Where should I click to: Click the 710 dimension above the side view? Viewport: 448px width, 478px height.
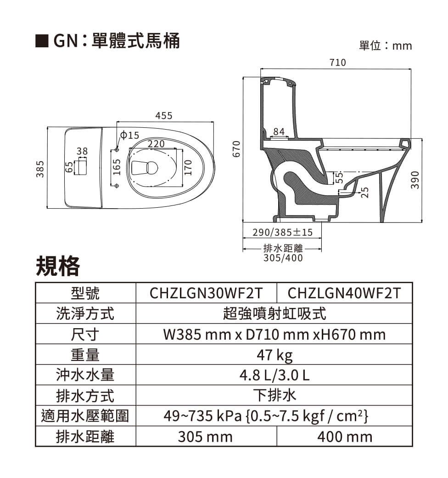(337, 63)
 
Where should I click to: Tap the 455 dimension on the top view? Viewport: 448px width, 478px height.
(164, 116)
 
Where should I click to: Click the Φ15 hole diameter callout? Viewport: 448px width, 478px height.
(129, 136)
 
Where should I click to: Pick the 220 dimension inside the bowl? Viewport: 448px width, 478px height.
(156, 144)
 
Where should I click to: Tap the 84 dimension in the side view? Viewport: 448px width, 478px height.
(279, 132)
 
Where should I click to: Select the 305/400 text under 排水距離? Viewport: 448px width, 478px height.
(283, 258)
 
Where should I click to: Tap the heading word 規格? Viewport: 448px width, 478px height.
(57, 265)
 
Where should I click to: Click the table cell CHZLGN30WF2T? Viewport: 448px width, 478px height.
(206, 293)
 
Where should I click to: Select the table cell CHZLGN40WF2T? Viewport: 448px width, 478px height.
(344, 293)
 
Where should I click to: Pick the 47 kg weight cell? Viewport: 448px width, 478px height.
(274, 355)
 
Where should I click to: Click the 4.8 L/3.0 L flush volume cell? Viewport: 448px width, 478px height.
(274, 376)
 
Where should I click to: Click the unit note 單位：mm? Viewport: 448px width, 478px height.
(386, 46)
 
